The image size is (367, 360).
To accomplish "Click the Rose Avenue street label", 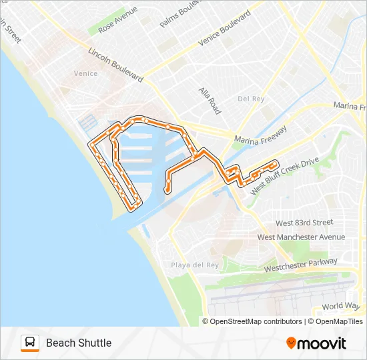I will (x=117, y=21).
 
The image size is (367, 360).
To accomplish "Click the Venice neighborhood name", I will (x=85, y=73).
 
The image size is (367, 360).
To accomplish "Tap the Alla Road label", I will (x=209, y=100).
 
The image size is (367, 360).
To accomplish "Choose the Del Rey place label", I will (x=251, y=99).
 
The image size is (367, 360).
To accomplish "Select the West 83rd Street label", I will (x=304, y=223).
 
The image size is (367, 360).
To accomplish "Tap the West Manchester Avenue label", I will (x=301, y=237).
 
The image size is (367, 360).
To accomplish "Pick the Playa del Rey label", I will (x=194, y=265).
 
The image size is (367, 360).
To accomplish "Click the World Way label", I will (x=340, y=306).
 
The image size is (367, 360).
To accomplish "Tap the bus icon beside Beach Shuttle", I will (x=30, y=343).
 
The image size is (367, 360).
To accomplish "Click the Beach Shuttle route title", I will (x=79, y=343).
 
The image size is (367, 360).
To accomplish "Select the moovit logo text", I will (x=322, y=343).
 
